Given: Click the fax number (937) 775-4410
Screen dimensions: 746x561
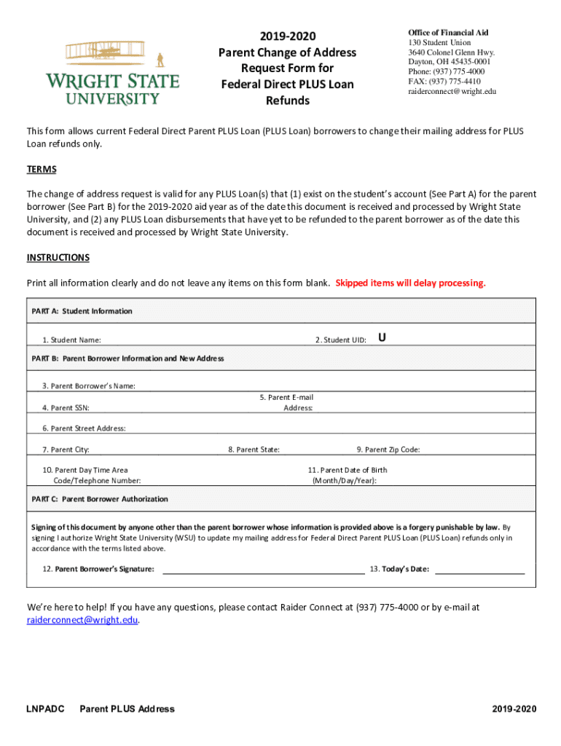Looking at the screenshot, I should click(x=444, y=82).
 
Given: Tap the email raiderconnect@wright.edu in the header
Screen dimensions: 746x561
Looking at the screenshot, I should click(x=452, y=91).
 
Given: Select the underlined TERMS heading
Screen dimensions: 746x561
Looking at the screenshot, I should click(x=42, y=169).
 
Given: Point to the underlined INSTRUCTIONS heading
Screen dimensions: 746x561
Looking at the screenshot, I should click(x=58, y=257).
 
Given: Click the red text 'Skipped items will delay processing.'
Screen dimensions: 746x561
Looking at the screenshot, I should click(x=410, y=283).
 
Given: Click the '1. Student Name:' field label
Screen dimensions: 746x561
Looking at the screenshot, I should click(x=71, y=340).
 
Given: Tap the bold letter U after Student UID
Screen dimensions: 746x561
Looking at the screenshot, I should click(x=382, y=337).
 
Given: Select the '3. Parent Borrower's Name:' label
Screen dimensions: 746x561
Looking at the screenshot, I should click(x=89, y=385).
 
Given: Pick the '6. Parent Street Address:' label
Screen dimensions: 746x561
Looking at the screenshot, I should click(x=84, y=428).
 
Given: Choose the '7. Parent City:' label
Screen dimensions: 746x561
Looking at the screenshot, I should click(x=66, y=449).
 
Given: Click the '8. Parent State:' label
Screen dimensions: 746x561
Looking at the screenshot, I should click(x=254, y=449).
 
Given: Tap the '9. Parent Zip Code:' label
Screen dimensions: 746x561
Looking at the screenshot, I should click(x=388, y=449).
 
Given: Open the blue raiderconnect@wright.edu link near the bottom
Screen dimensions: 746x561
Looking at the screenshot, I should click(x=82, y=620).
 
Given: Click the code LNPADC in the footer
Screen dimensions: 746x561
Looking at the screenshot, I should click(x=45, y=709).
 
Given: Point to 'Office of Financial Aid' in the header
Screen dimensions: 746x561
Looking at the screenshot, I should click(x=448, y=33).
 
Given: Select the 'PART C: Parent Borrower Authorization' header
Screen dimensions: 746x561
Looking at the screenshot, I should click(x=100, y=499).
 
